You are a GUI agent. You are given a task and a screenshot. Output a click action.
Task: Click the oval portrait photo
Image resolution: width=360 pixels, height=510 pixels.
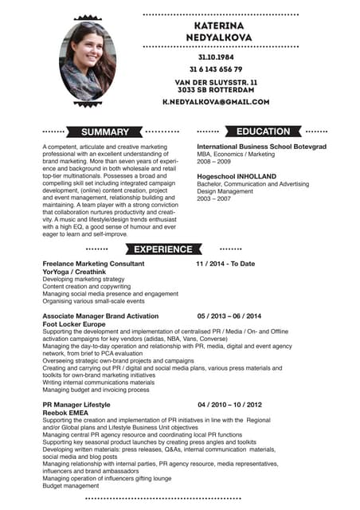point(88,60)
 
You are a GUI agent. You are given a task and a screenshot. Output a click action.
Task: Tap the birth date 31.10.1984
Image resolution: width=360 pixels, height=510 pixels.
point(216,57)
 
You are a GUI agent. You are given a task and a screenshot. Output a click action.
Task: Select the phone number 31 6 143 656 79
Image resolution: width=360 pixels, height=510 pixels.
point(216,69)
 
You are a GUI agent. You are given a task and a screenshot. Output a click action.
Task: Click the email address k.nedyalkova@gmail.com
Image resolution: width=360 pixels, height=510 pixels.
point(216,102)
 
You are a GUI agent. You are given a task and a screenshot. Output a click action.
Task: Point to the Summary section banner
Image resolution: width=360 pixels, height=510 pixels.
point(105,131)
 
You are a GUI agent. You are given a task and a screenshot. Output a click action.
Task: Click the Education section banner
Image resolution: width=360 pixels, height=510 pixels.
point(264,131)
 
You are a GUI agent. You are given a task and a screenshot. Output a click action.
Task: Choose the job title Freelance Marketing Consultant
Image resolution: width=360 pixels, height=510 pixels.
point(93,264)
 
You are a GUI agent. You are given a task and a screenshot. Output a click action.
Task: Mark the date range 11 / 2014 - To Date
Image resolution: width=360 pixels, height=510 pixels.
point(225,264)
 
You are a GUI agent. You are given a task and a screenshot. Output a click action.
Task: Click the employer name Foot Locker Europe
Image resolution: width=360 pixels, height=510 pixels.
point(74,324)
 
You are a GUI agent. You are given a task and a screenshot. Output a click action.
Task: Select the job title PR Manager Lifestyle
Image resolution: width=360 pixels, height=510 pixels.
point(76,405)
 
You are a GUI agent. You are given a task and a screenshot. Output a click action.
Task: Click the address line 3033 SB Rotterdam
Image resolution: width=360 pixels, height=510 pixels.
point(216,90)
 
